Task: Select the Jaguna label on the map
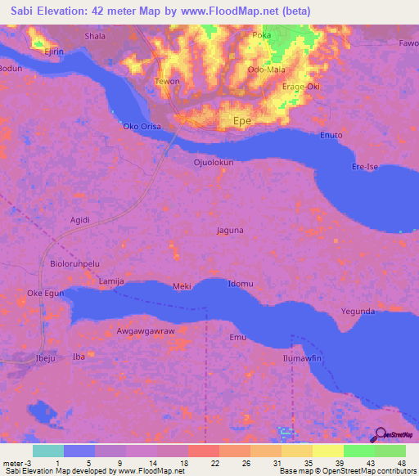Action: click(230, 231)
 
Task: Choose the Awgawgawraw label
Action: click(146, 331)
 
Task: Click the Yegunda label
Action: click(358, 312)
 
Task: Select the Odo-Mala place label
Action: click(266, 70)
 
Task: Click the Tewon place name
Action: click(167, 82)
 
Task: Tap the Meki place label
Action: click(182, 286)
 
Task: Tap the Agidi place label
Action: click(80, 219)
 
